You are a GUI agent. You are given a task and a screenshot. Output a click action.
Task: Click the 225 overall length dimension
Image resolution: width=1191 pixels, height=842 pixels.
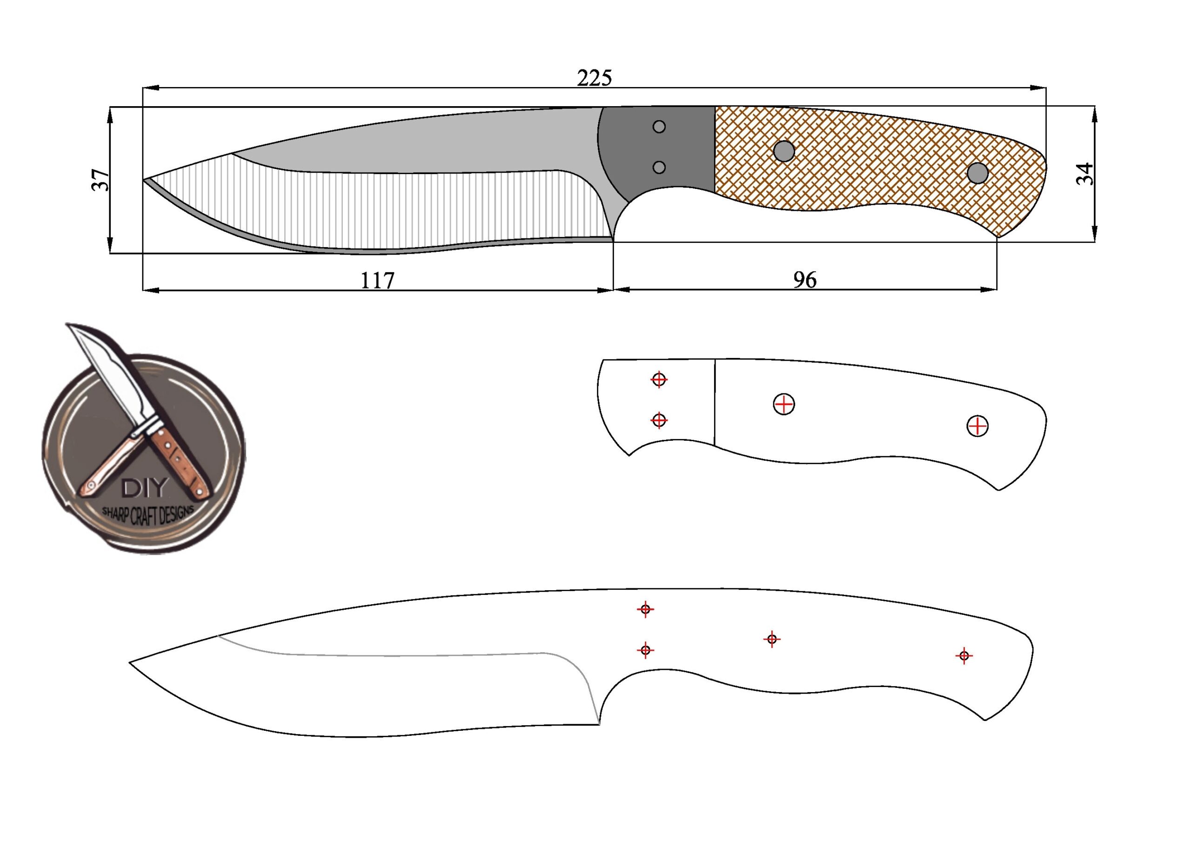pos(595,78)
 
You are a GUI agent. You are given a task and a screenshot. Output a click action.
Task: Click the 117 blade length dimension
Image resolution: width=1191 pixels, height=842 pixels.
pos(377,281)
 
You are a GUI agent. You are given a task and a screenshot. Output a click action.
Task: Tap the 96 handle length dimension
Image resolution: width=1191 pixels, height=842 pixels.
pos(804,280)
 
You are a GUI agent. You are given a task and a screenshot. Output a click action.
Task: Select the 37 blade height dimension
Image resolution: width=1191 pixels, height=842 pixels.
pos(101,180)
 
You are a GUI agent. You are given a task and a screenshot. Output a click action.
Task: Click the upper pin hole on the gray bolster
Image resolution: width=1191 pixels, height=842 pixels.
pos(659,127)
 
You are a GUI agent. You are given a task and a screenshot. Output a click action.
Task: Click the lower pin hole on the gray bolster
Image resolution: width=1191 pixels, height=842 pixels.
pos(659,167)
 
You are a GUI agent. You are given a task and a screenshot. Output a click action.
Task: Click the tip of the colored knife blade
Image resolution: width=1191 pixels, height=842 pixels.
pos(145,180)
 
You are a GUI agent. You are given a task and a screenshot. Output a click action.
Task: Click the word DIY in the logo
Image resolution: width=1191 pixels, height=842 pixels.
pos(145,487)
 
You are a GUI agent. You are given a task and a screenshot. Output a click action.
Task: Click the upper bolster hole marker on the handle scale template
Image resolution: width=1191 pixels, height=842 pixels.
pos(659,379)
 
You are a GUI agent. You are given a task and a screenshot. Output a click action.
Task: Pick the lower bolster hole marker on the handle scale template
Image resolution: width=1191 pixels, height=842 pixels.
pos(659,420)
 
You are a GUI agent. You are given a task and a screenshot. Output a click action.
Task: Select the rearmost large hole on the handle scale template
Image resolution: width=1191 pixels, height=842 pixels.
pos(978,426)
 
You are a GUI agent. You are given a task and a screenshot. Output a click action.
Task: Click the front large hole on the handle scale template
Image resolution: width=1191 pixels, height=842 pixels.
pos(784,404)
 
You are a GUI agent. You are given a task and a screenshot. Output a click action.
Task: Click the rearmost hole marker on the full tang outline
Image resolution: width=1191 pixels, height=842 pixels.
pos(964,656)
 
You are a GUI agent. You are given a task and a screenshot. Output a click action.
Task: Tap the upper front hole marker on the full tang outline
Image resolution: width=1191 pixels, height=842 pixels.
pos(645,609)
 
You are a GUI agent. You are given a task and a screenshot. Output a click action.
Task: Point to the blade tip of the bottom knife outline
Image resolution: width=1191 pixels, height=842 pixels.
pos(131,663)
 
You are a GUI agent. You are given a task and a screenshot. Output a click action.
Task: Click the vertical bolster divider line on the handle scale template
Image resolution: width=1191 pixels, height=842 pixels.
pos(715,402)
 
